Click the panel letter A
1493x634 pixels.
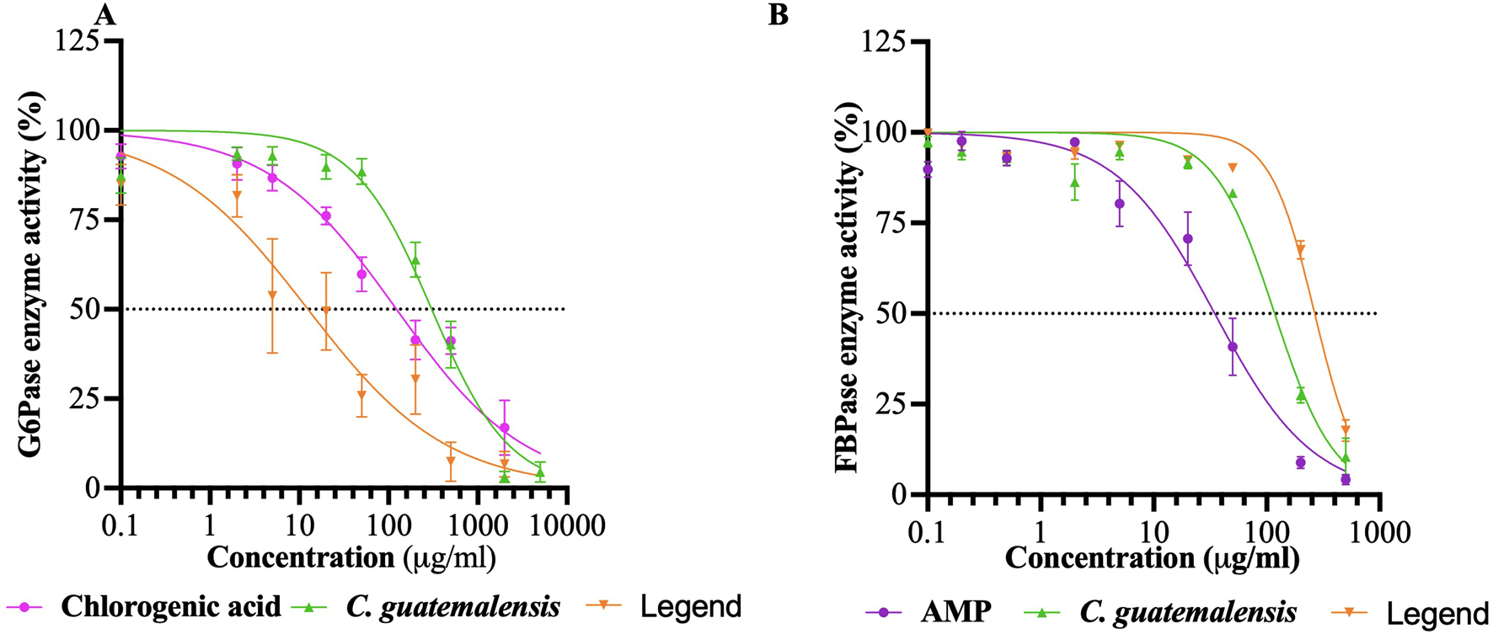104,14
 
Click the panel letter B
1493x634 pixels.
778,14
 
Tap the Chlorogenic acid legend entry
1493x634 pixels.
171,607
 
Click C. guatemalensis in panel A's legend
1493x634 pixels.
452,607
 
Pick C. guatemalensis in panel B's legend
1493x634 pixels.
1188,611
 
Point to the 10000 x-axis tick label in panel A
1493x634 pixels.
567,526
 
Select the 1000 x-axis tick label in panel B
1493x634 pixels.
1379,532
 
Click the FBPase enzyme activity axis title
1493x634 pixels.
847,286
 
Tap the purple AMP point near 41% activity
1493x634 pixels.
1232,347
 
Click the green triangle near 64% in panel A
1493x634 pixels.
415,260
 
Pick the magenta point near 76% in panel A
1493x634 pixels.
326,216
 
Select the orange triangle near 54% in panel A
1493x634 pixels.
272,296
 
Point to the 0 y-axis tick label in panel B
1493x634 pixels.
898,494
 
